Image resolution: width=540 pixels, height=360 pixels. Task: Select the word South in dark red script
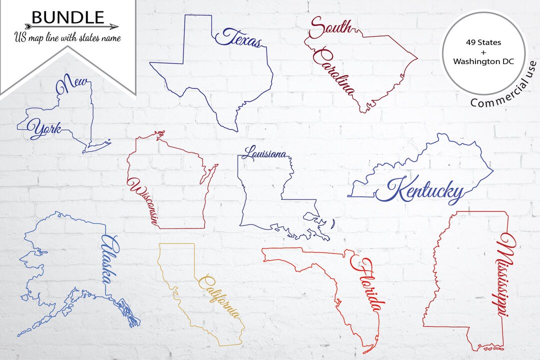tap(330, 27)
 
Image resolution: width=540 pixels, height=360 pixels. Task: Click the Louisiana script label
tap(264, 153)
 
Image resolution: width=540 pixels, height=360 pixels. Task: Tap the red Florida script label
tap(368, 284)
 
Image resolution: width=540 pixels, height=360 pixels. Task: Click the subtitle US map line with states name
tap(67, 37)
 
